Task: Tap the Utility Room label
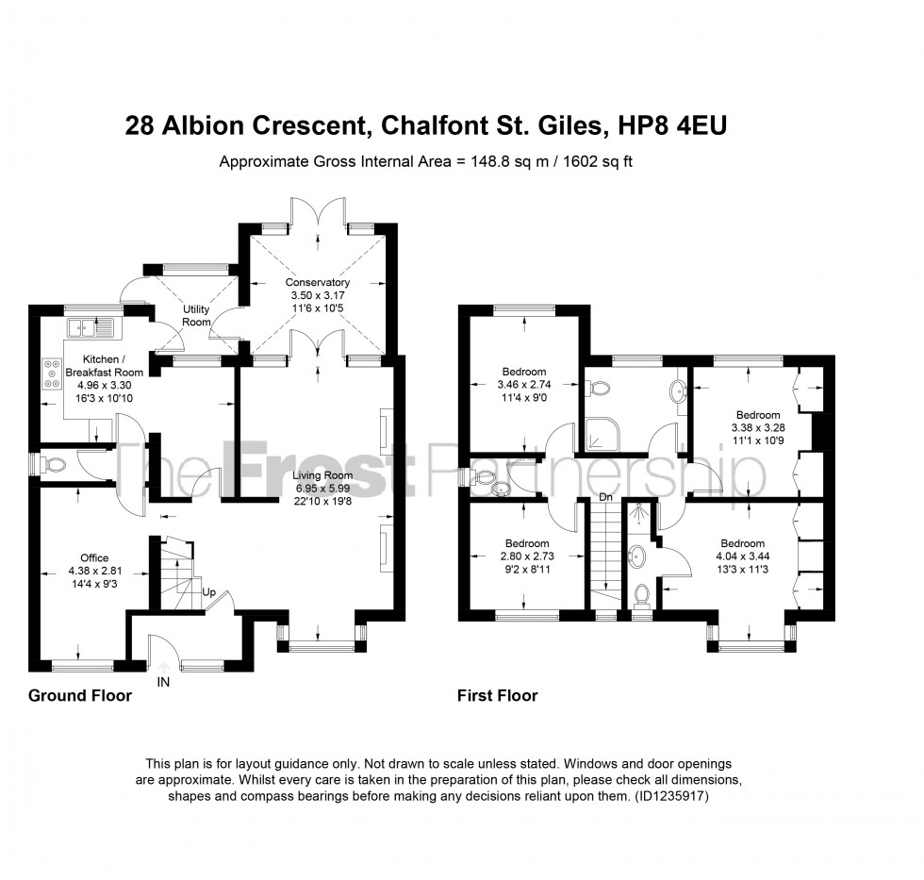pos(196,316)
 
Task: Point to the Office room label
pos(94,557)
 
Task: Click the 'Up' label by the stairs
pos(209,593)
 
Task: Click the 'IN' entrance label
pos(163,680)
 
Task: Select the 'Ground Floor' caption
pos(79,696)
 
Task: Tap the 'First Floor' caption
pos(497,696)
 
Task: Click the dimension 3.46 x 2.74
pos(523,385)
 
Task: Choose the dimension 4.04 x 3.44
pos(742,556)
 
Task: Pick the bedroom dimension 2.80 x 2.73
pos(526,556)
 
